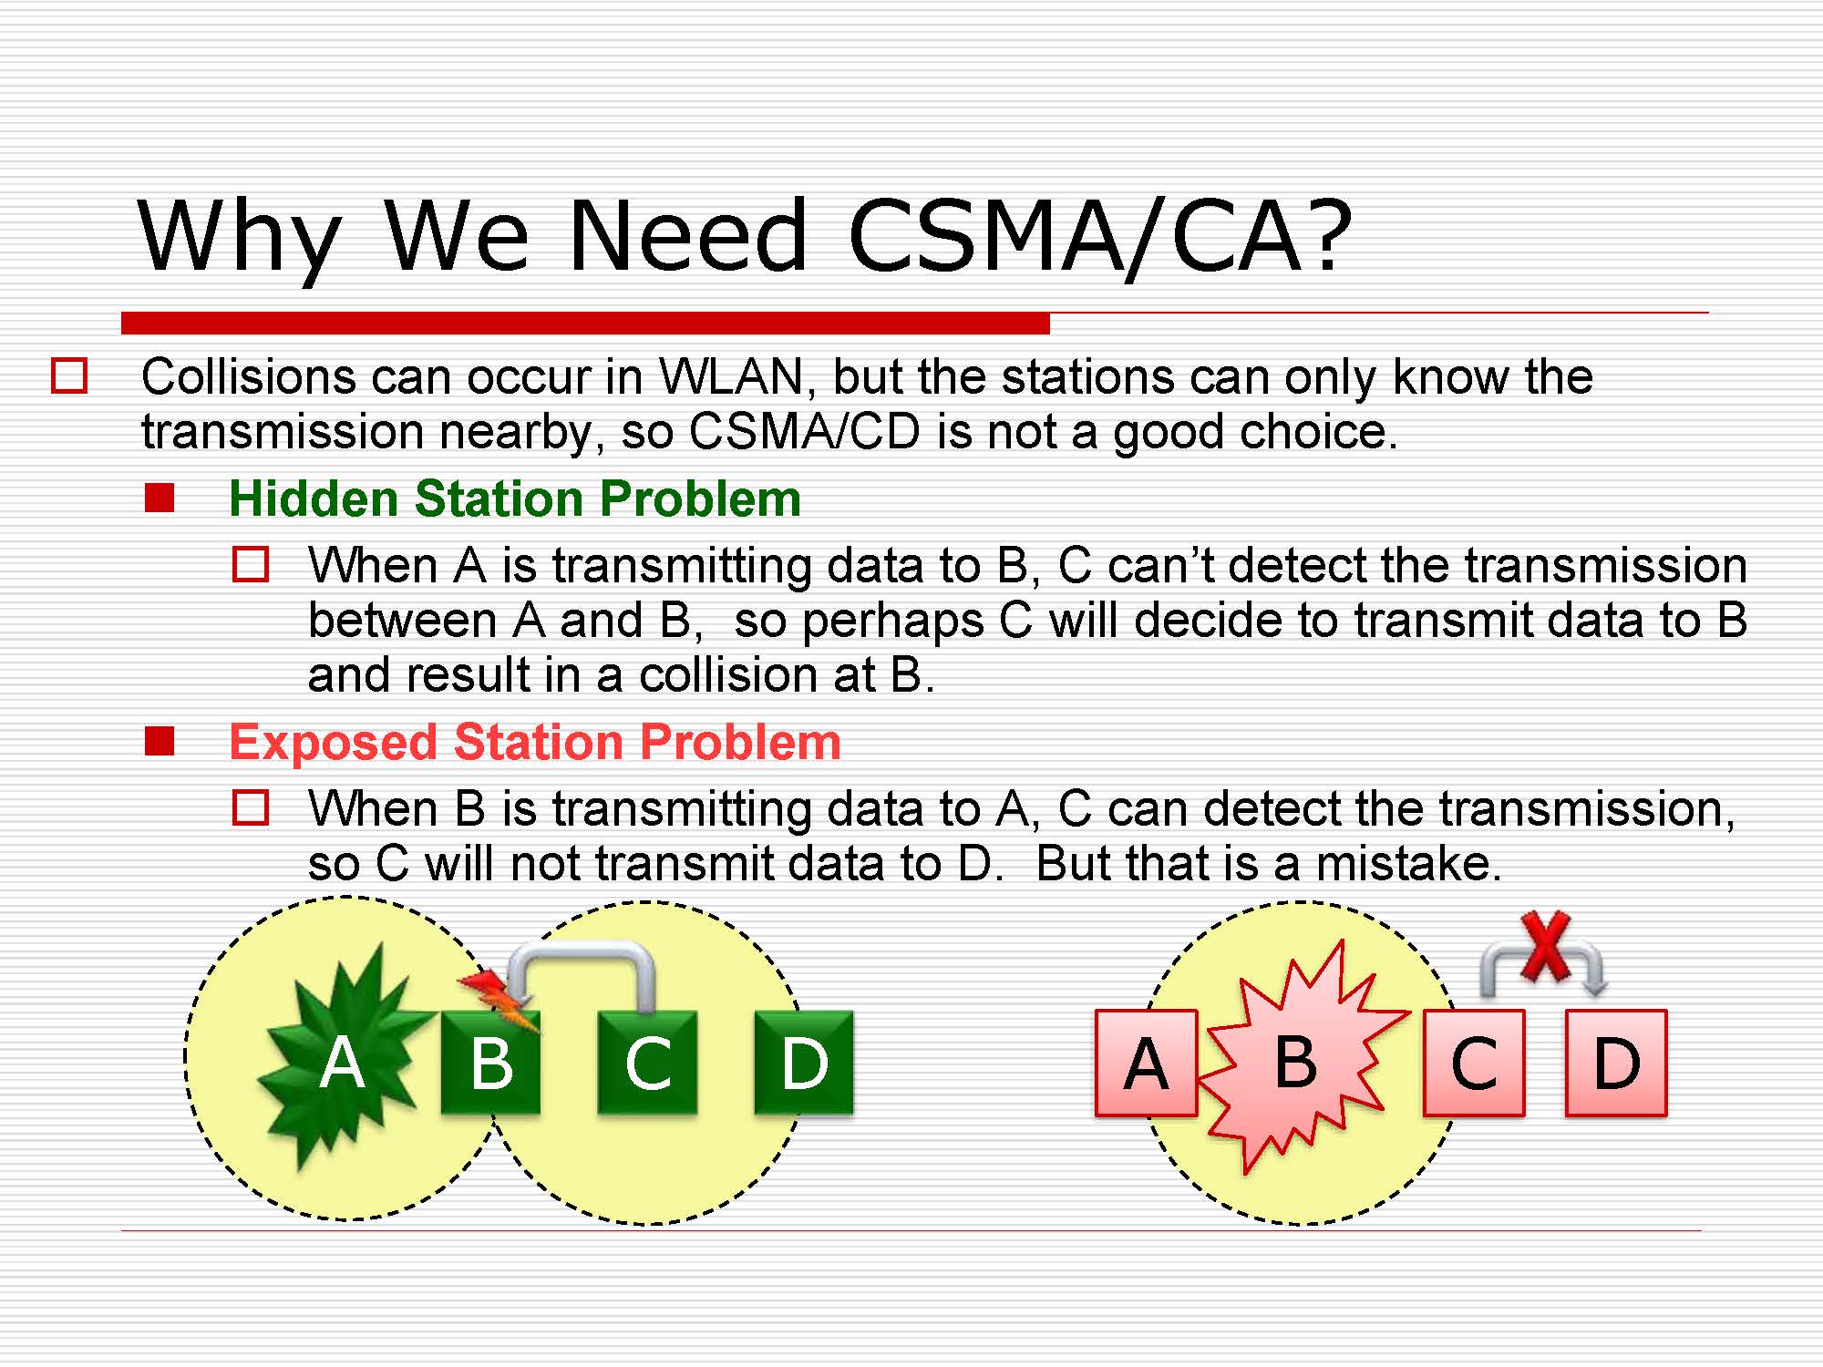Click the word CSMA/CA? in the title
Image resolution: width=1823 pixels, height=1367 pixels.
(1100, 236)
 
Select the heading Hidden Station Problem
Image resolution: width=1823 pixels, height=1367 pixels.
(515, 498)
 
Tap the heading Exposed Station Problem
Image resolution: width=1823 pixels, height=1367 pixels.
(535, 742)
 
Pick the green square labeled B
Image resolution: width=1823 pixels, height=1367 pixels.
(490, 1063)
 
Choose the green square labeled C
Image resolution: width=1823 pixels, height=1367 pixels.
(647, 1063)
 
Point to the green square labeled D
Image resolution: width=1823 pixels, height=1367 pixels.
(804, 1063)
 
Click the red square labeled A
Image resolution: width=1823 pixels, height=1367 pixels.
(1146, 1063)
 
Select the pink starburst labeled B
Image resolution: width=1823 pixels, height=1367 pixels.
(1300, 1057)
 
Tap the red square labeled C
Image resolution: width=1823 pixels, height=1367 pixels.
(1474, 1063)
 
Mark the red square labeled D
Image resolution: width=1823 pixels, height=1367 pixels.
(1616, 1063)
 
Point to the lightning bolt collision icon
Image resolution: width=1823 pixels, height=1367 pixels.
(500, 1001)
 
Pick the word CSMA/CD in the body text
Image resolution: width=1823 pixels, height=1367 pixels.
(805, 431)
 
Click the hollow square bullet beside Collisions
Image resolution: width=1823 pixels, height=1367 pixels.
(69, 376)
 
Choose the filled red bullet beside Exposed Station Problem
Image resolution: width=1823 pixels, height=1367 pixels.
(160, 742)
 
